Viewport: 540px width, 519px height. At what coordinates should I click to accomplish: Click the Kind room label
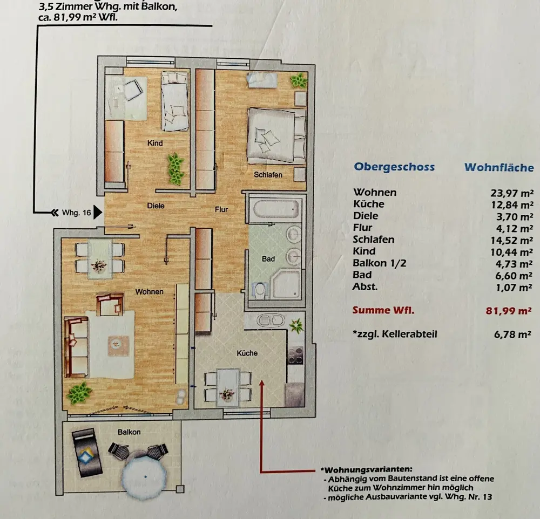coord(155,143)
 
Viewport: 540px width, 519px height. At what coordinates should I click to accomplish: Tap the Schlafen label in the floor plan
coord(268,175)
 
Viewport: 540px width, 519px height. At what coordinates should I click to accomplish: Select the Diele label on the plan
coord(156,206)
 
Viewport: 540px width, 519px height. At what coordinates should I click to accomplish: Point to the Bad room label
coord(268,259)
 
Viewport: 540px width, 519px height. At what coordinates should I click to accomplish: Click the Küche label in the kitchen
coord(247,353)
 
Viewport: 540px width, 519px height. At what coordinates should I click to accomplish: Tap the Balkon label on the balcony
coord(129,432)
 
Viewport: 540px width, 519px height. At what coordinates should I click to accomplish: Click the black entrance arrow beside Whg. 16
coord(98,213)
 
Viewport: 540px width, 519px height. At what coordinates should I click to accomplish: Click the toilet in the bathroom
coord(260,290)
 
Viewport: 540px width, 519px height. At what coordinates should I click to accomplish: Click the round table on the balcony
coord(145,474)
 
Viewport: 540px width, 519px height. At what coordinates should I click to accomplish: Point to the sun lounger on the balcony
coord(87,453)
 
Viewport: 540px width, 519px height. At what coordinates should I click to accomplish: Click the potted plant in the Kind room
coord(175,169)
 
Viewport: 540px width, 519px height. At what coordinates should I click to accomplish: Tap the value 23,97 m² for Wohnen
coord(512,193)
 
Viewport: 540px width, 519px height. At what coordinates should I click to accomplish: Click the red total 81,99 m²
coord(509,311)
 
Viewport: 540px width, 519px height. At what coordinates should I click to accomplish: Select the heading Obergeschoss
coord(394,167)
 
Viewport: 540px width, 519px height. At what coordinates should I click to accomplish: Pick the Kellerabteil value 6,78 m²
coord(512,334)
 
